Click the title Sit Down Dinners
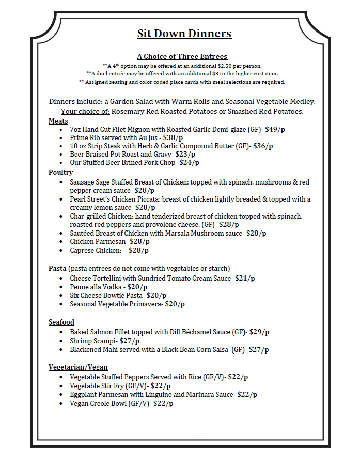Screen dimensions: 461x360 184,34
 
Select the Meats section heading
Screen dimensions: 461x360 58,121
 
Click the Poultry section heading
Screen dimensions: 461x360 61,172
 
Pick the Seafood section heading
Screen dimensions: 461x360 61,322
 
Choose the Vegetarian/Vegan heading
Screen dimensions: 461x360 78,367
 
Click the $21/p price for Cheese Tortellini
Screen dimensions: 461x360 245,278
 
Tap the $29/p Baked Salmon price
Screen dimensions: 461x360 259,332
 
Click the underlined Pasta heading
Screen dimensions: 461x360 57,269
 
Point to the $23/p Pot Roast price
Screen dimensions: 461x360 185,154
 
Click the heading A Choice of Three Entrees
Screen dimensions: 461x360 182,56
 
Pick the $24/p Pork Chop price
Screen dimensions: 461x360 189,163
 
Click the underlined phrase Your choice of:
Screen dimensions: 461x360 85,111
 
